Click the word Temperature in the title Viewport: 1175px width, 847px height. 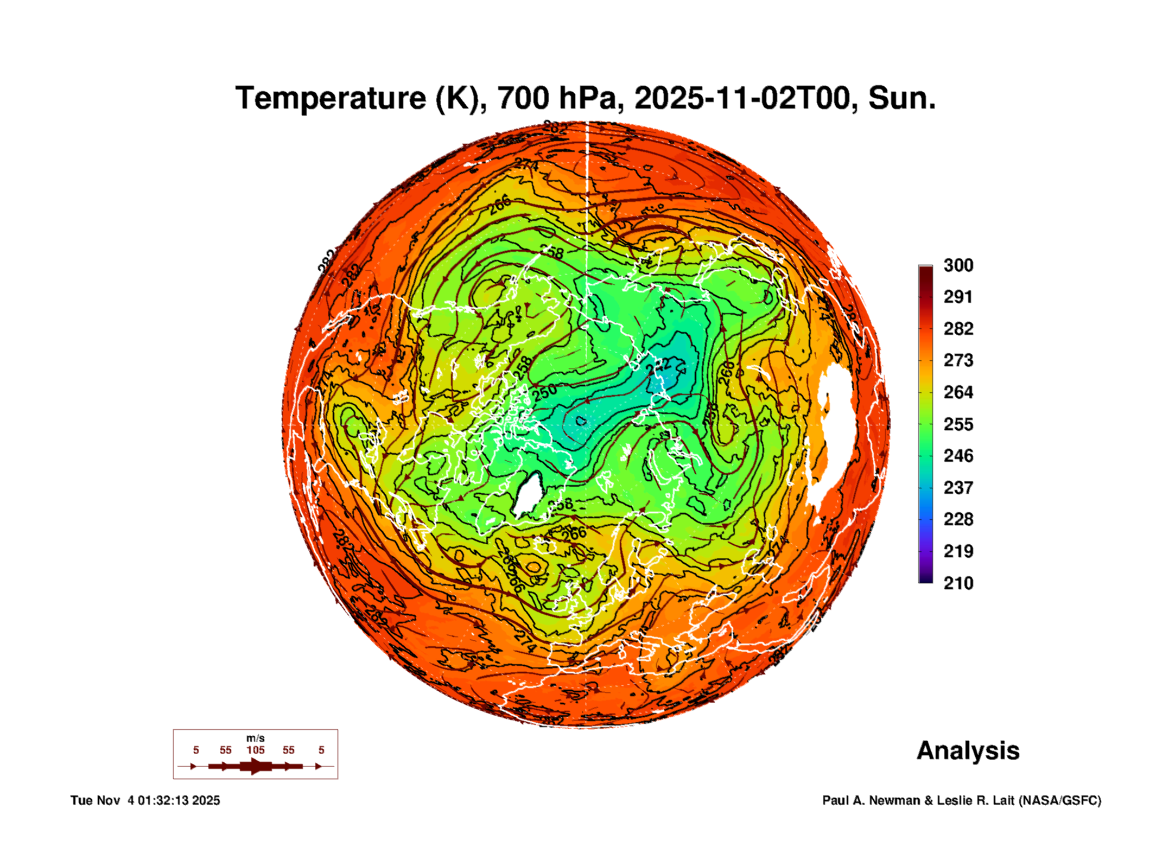(x=331, y=98)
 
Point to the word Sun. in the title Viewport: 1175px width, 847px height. (x=901, y=98)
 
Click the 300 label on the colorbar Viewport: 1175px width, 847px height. (x=958, y=265)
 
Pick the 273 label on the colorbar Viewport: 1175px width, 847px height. (x=958, y=360)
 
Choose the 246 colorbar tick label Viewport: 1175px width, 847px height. (x=958, y=456)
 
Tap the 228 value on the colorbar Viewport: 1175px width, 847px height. (x=958, y=519)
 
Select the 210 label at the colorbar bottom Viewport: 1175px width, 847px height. (x=958, y=583)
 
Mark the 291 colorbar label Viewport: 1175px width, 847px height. (x=958, y=297)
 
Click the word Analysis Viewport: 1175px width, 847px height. (x=968, y=751)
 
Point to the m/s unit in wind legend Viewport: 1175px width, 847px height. (x=255, y=738)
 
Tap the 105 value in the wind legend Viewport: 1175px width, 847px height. (x=255, y=750)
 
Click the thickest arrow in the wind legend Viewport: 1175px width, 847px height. (x=255, y=766)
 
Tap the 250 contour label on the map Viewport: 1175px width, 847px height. (x=544, y=392)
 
